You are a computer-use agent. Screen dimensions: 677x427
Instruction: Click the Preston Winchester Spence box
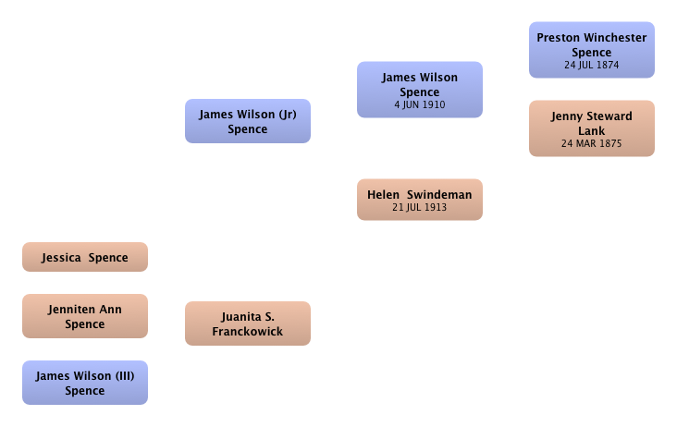592,50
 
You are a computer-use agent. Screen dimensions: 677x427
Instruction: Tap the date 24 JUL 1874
592,65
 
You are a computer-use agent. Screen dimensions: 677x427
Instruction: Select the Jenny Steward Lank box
592,128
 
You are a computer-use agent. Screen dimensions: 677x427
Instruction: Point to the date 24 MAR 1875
592,143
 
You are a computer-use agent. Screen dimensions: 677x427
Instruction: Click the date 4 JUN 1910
420,104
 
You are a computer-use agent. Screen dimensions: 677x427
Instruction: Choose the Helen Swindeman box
420,200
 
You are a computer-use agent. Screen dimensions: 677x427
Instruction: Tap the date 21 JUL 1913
420,207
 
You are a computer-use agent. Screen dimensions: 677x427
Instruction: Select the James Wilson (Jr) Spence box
248,121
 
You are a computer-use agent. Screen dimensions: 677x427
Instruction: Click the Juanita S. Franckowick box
248,323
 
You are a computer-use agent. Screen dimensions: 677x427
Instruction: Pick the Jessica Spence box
85,257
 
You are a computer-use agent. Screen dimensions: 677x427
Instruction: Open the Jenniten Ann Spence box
85,316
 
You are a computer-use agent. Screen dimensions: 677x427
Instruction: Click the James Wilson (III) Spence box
85,383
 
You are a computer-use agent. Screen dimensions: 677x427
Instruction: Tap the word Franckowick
248,331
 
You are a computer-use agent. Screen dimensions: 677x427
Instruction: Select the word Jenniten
72,310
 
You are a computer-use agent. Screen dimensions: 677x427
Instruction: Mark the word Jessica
61,258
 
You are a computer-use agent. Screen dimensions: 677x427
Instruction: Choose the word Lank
592,131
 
